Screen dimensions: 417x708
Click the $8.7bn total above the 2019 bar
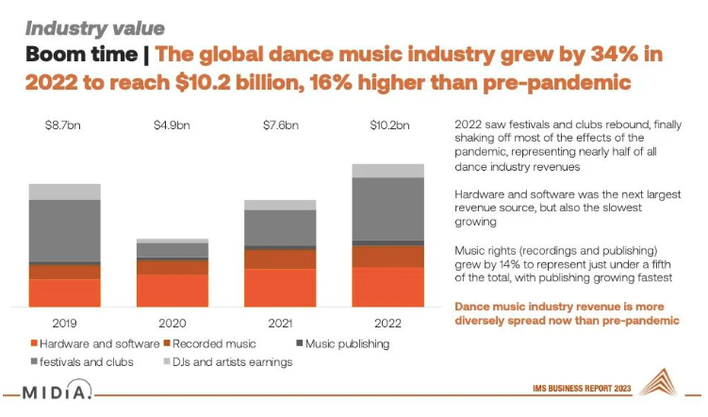[x=64, y=124]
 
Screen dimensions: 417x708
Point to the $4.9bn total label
[x=173, y=124]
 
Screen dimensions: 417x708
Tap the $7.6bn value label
[x=280, y=124]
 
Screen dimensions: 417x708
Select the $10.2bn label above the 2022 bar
[x=387, y=124]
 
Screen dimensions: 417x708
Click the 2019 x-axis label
[x=64, y=323]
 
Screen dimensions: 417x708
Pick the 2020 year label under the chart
[x=173, y=323]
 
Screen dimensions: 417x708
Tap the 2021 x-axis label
[x=280, y=323]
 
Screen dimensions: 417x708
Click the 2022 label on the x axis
[x=387, y=323]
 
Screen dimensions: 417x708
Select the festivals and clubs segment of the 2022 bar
[x=387, y=208]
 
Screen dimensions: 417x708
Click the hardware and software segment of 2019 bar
[x=64, y=292]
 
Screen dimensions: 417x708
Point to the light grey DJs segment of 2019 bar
[x=64, y=192]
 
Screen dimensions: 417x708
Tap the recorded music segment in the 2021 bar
[x=280, y=259]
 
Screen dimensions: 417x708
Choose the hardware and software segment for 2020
[x=173, y=290]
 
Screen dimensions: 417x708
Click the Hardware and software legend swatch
[x=35, y=343]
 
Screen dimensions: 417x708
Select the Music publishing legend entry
[x=343, y=343]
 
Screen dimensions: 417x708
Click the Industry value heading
[x=93, y=27]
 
